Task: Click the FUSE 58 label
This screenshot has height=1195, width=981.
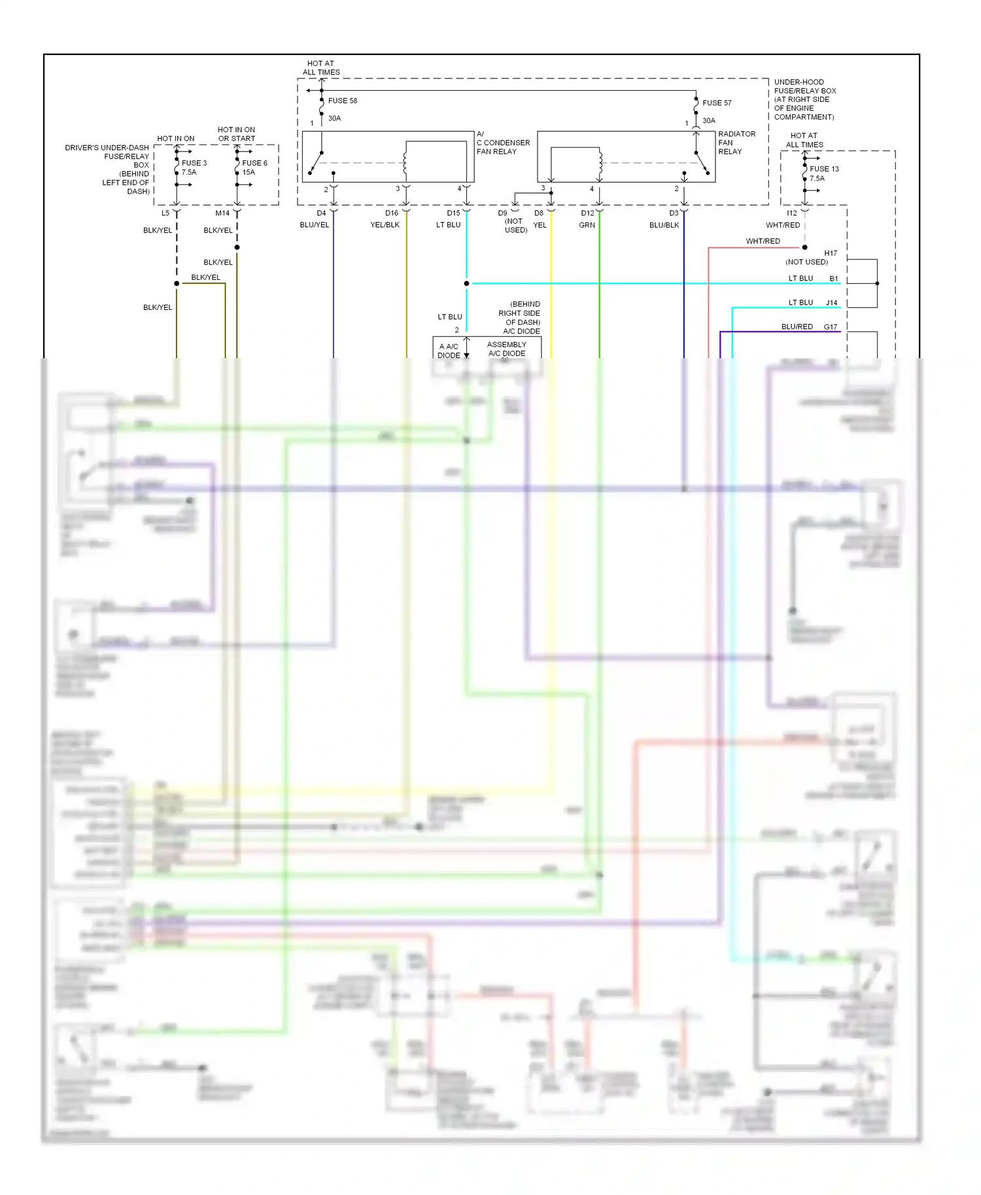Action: [x=342, y=101]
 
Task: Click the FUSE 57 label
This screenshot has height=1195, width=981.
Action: [x=717, y=103]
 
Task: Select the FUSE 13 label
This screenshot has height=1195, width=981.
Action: [x=824, y=169]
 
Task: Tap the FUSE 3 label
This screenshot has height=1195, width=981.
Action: [x=194, y=163]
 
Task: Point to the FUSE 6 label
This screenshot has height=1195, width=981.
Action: [x=254, y=163]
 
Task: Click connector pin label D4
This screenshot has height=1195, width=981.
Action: [x=321, y=213]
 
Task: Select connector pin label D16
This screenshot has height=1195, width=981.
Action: [x=391, y=213]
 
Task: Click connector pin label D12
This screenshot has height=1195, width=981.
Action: [x=587, y=213]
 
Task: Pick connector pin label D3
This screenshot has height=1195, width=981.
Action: [x=674, y=213]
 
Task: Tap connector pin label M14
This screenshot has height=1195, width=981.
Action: [x=222, y=213]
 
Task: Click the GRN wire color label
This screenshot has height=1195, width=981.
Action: [x=587, y=225]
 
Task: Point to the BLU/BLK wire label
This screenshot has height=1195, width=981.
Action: [x=664, y=225]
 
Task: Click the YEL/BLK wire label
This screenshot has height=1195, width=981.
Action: [x=385, y=225]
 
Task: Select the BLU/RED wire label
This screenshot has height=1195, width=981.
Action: [x=797, y=326]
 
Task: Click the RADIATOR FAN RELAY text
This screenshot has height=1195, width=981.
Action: [x=736, y=143]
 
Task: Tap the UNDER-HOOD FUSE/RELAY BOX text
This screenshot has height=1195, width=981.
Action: [x=804, y=99]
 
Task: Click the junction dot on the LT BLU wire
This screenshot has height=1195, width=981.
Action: [x=466, y=283]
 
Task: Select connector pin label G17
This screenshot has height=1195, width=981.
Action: [x=830, y=326]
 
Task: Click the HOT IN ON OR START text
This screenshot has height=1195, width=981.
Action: [x=236, y=134]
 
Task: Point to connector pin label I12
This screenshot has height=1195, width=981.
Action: [x=791, y=213]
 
